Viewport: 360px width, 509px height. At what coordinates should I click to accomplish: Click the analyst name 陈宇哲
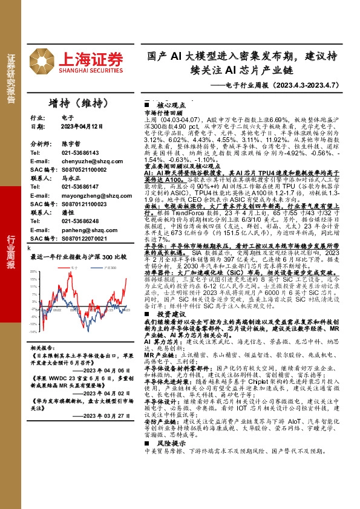click(x=71, y=145)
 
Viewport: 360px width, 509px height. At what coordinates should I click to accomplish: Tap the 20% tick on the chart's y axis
click(x=34, y=271)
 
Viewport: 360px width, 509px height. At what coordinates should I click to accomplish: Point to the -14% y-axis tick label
click(x=34, y=332)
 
